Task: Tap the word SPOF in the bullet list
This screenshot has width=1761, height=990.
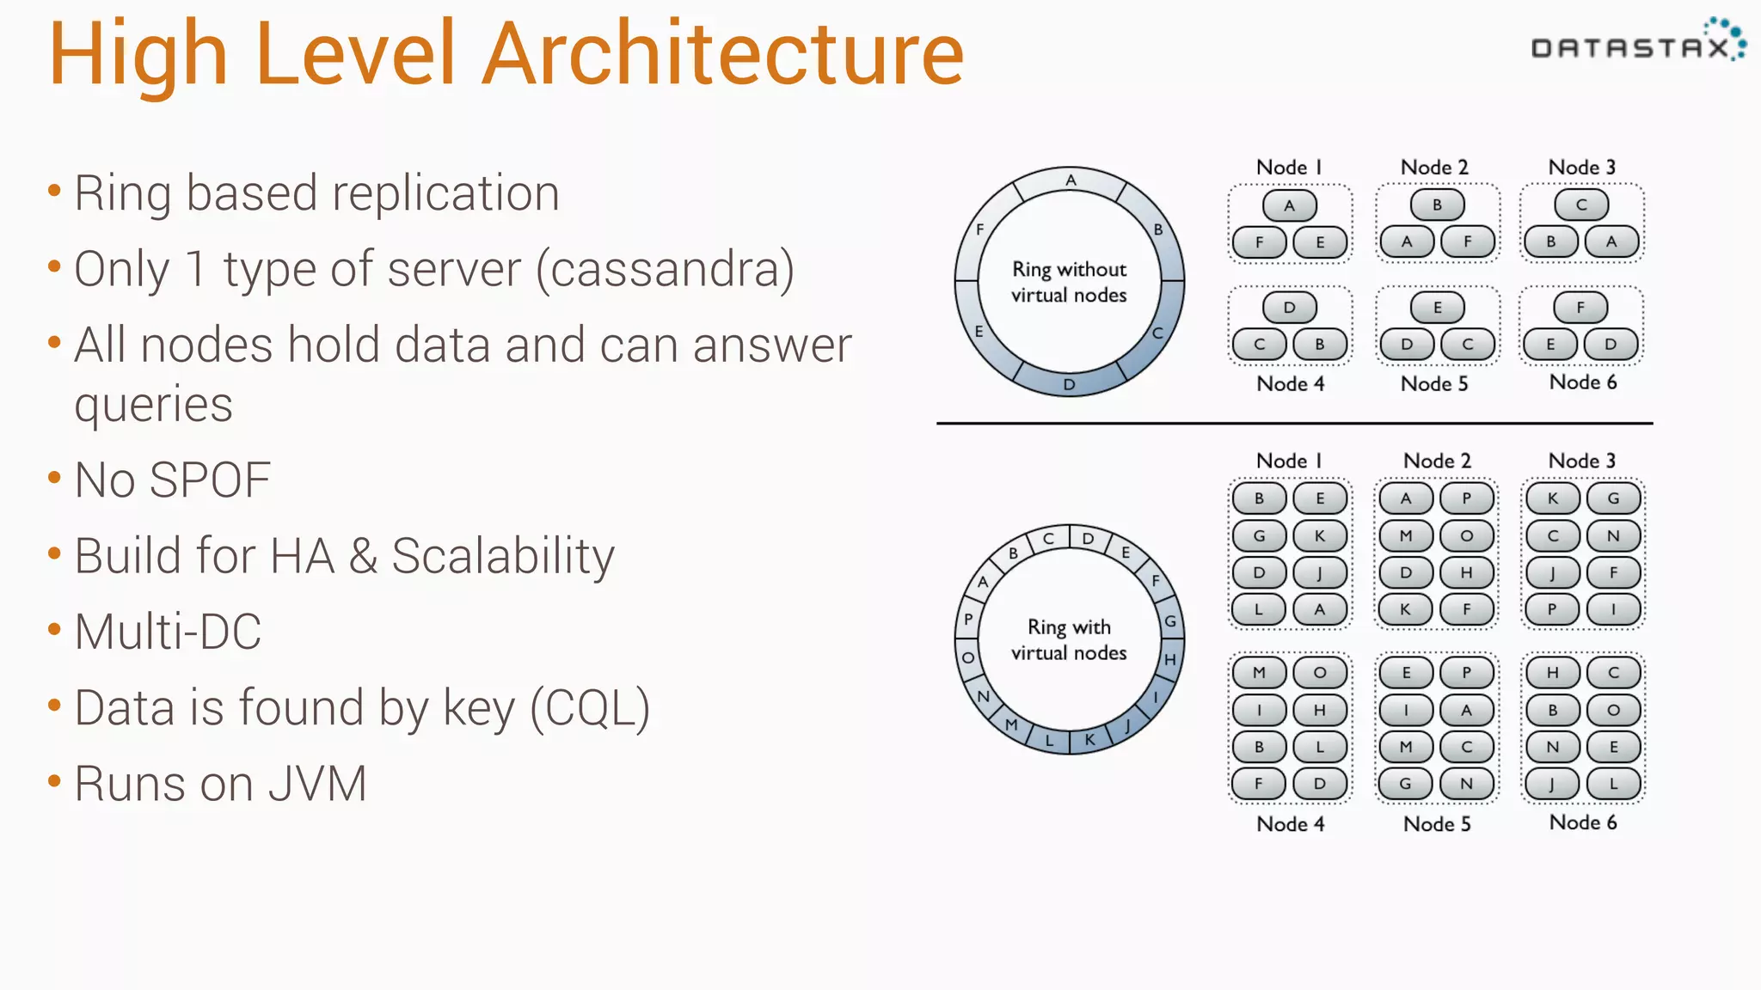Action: coord(209,480)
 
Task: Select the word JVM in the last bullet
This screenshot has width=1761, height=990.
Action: coord(317,784)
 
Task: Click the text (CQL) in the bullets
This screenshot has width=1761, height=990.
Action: coord(590,708)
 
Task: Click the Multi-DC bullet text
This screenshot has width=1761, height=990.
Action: coord(168,632)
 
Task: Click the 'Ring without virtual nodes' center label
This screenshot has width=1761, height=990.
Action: coord(1069,282)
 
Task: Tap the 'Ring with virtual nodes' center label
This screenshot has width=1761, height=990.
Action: coord(1069,639)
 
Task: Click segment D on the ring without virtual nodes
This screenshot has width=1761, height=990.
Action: coord(1069,384)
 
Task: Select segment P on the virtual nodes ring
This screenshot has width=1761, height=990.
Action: coord(968,619)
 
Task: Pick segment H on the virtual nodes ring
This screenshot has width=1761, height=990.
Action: coord(1169,659)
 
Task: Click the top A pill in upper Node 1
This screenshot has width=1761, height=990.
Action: coord(1289,205)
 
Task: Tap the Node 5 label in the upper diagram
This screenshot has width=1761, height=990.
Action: coord(1434,383)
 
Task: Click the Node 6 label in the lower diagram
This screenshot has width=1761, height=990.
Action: coord(1582,822)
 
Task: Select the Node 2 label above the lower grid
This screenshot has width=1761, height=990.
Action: coord(1437,461)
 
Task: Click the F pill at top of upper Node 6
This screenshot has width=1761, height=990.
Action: coord(1580,307)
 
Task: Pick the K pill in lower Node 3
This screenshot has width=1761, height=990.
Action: coord(1552,498)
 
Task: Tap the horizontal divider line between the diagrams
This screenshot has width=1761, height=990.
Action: coord(1294,423)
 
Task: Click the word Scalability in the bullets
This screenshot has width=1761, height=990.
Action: coord(503,556)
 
